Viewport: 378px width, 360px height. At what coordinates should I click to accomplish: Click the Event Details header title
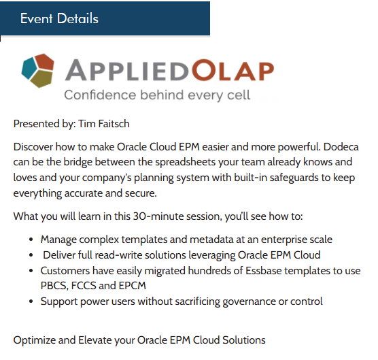click(59, 18)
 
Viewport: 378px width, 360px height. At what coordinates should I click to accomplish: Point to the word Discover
click(35, 146)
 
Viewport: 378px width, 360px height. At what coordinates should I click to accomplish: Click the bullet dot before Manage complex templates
click(32, 240)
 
